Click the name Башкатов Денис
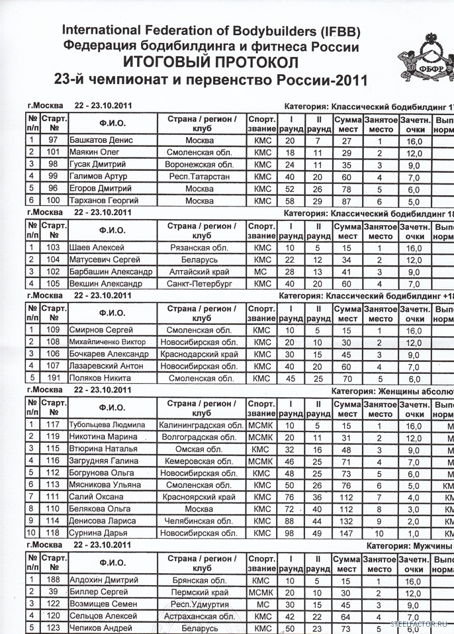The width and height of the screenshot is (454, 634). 101,141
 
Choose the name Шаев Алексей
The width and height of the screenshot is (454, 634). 95,248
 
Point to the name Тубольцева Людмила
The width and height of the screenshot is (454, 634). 110,425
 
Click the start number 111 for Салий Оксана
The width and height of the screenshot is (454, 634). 54,498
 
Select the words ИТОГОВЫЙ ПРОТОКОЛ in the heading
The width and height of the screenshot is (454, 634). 211,63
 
